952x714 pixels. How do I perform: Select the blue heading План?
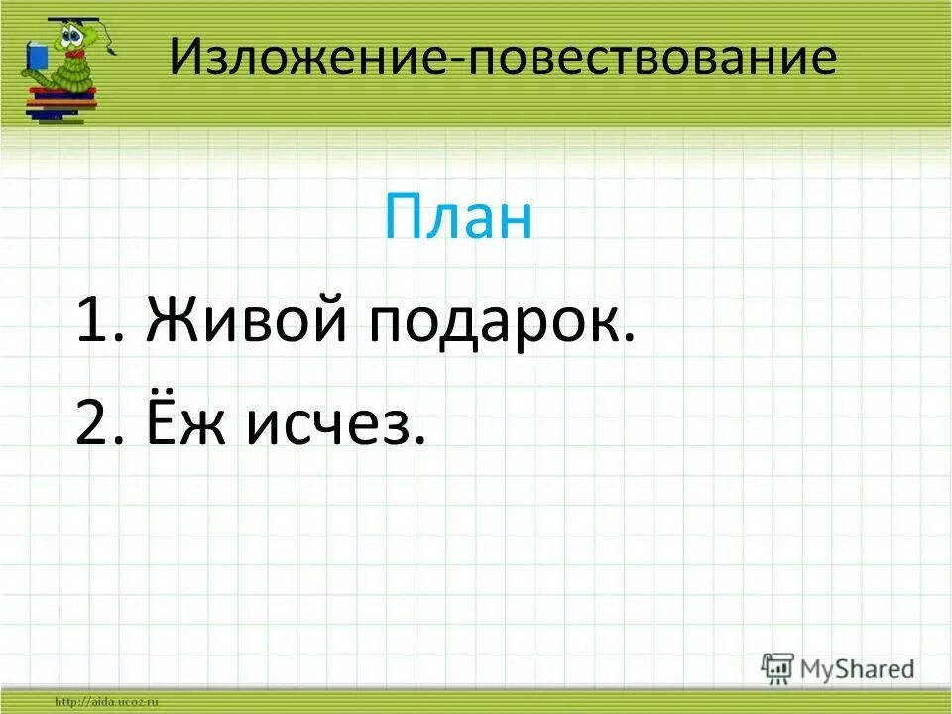click(x=458, y=220)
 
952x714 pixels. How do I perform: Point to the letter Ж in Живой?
click(x=170, y=324)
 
